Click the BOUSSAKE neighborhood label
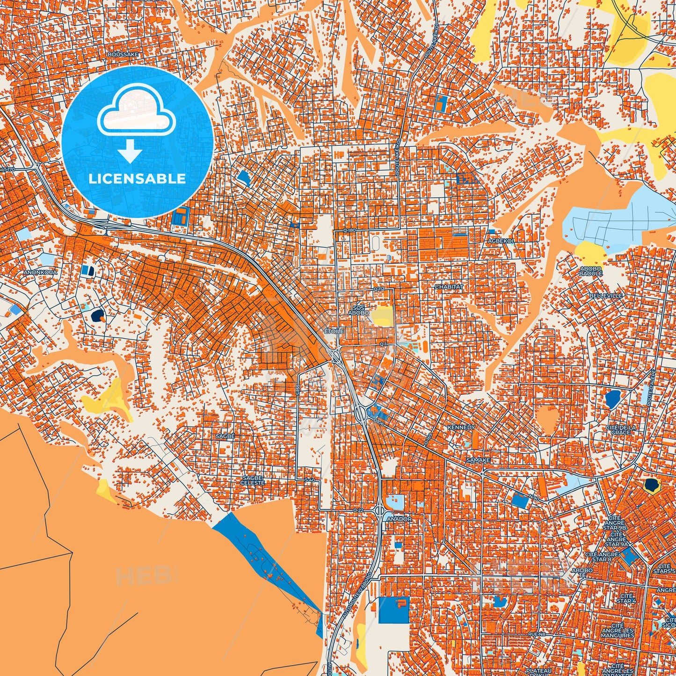[123, 54]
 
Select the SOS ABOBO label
[359, 311]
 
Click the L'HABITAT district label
[449, 287]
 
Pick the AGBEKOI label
[501, 241]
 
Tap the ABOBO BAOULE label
[591, 271]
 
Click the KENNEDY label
[461, 428]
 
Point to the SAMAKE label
[478, 460]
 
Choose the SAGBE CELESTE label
[253, 480]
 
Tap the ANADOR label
[399, 519]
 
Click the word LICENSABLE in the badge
[137, 179]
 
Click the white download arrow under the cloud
[130, 152]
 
